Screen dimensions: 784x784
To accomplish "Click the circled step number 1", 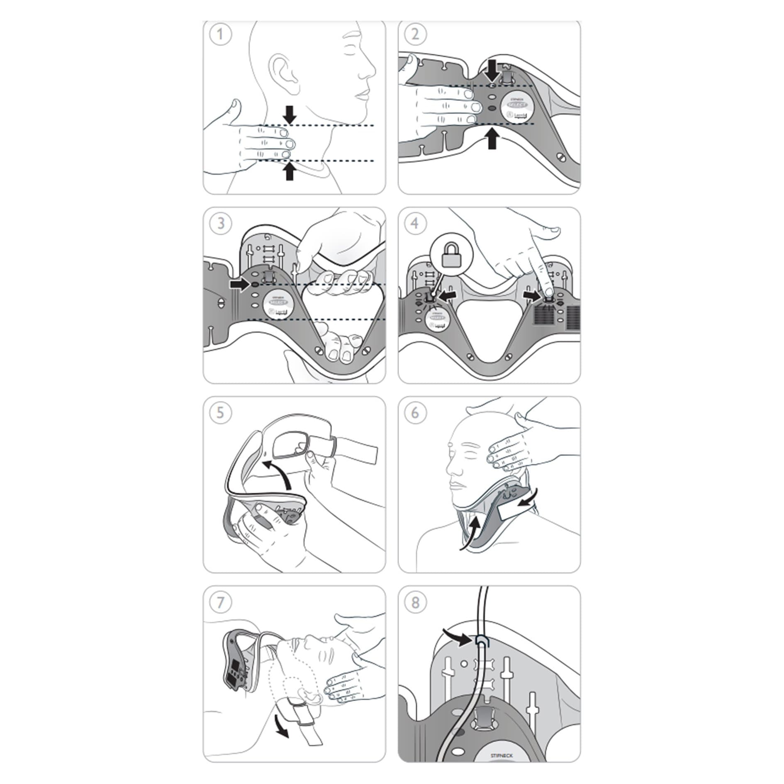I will click(220, 34).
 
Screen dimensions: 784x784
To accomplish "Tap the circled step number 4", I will click(415, 224).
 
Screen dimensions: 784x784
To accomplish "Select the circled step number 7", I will click(220, 602).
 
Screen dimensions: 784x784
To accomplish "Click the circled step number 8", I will click(415, 602).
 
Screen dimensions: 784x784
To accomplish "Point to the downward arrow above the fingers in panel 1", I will click(290, 114).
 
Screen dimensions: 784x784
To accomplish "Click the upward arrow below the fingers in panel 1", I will click(290, 171).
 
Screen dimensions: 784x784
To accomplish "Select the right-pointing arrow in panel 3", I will click(240, 285).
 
